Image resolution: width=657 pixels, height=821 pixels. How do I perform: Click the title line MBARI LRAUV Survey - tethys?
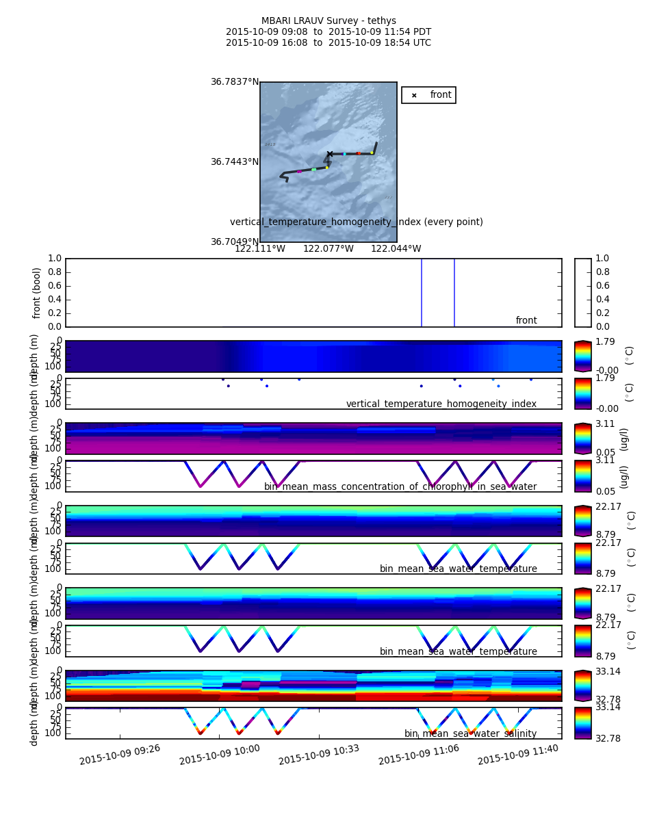point(328,21)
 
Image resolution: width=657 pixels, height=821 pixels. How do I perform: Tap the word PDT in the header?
point(422,32)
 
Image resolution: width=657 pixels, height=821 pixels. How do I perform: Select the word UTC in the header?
point(422,43)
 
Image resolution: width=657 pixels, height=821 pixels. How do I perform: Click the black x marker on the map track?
point(330,154)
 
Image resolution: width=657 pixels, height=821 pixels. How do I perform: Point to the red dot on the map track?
point(358,153)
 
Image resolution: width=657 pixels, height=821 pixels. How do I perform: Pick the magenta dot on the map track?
point(299,171)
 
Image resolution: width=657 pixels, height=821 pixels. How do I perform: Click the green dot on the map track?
point(313,169)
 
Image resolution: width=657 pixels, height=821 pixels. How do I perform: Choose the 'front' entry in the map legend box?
point(440,95)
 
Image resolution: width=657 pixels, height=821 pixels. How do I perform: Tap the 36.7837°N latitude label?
point(235,82)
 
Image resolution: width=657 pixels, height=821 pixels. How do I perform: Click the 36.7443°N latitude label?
point(235,162)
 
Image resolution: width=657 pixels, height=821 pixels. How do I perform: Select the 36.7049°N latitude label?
point(235,242)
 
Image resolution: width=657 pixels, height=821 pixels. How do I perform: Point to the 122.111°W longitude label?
point(260,249)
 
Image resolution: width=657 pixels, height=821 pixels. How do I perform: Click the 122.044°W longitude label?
point(396,249)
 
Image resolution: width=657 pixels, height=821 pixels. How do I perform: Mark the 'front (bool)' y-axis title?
point(38,293)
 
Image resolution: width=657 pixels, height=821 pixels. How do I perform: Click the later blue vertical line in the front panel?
point(454,293)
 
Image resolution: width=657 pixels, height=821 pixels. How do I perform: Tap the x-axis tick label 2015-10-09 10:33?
point(319,754)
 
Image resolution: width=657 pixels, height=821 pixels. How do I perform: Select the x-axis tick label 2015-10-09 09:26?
point(120,754)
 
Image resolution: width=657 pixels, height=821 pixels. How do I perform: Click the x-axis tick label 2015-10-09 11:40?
point(518,754)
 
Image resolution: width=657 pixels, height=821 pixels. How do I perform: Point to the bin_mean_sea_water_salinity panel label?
point(470,734)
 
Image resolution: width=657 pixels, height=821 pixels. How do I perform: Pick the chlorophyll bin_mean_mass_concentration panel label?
point(400,487)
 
